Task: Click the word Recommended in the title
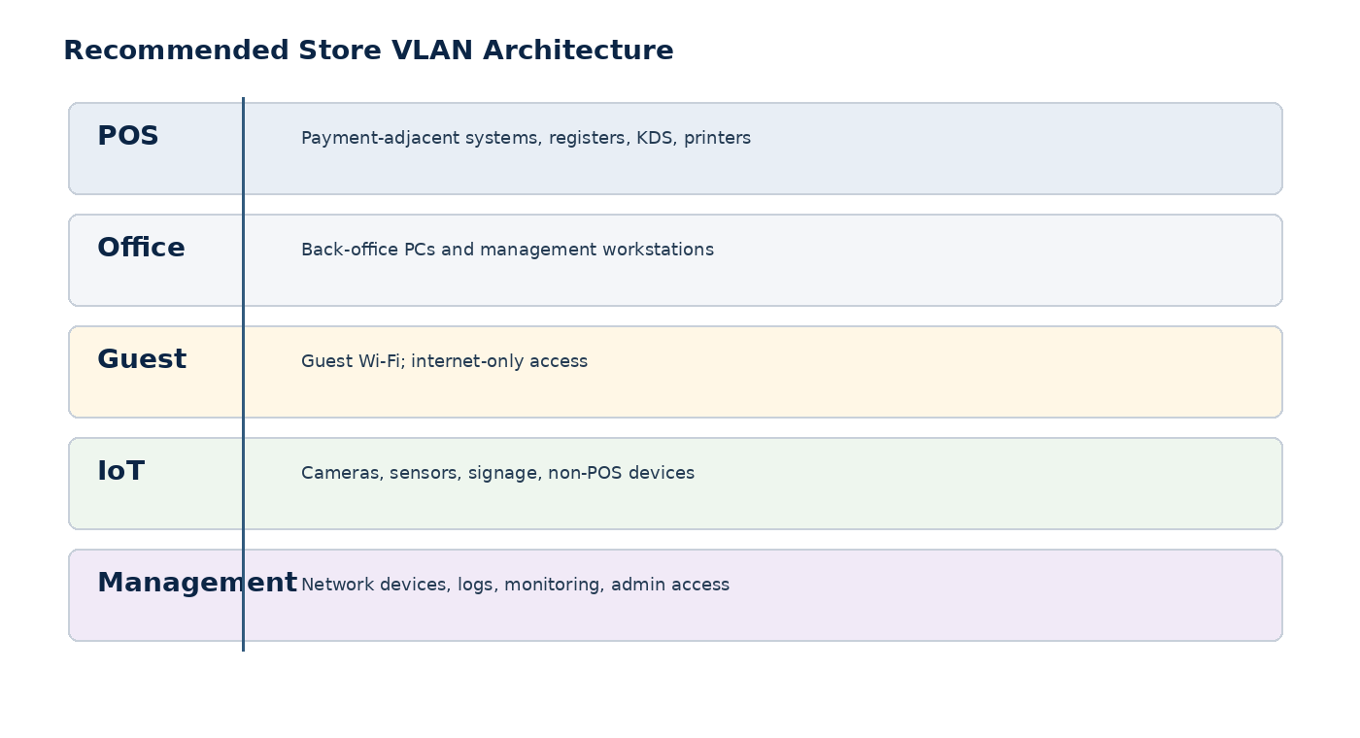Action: pos(176,50)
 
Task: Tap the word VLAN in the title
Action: pos(431,50)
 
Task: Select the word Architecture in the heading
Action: pos(578,50)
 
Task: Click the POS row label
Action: pos(128,135)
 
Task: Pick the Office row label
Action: pos(141,247)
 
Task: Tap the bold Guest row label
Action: pos(142,358)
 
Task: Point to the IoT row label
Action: pos(120,470)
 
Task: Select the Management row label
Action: pos(197,583)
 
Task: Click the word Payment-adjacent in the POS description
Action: pos(381,138)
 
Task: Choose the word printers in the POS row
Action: pos(717,138)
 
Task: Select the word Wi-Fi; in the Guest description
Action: pos(381,361)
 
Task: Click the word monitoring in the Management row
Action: pos(555,585)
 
